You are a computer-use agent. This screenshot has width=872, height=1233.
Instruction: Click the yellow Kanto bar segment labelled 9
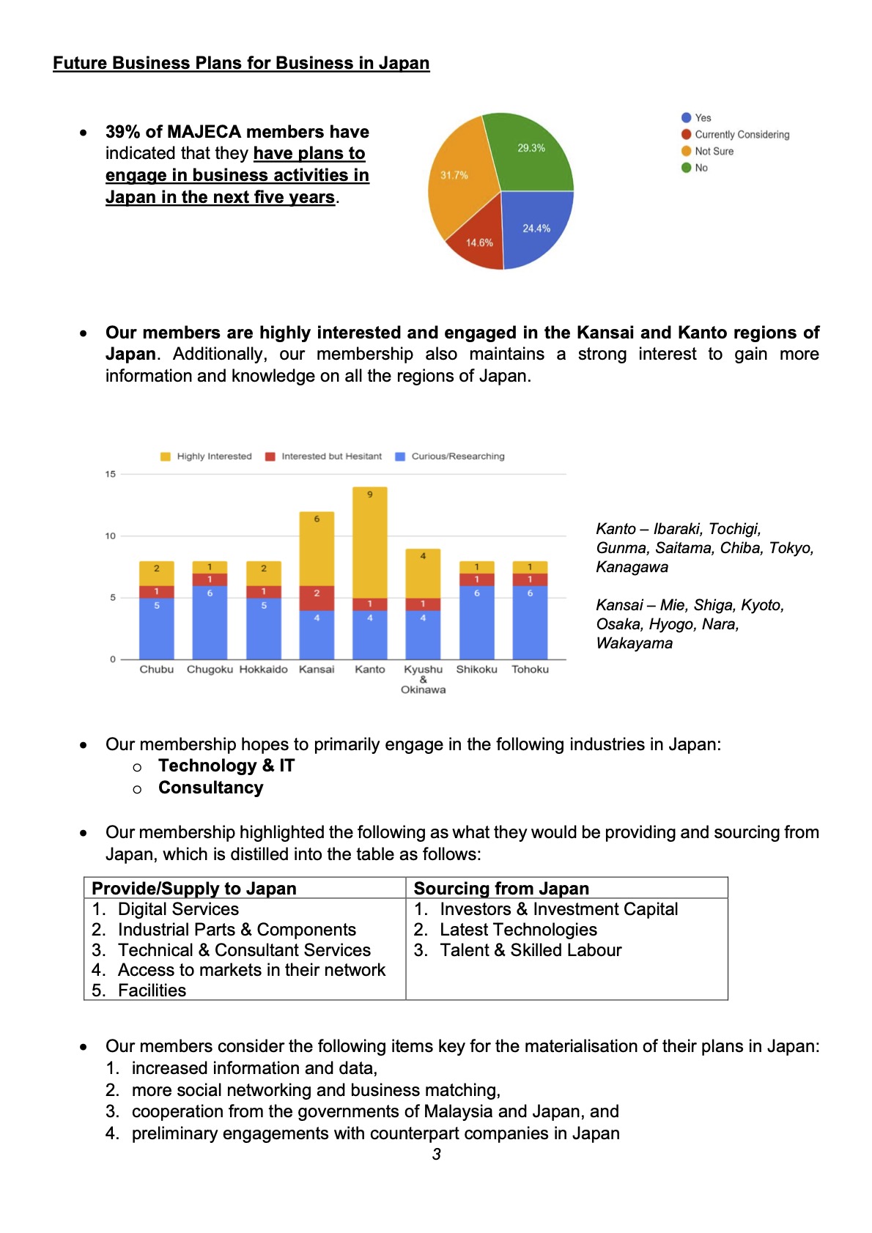[x=370, y=542]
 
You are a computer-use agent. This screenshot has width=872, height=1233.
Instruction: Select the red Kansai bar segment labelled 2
[x=317, y=598]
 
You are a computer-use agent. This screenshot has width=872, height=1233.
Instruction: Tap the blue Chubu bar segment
[x=157, y=629]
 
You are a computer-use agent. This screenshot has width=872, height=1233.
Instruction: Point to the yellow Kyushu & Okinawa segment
[x=423, y=573]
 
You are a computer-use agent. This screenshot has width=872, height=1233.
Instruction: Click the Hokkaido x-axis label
[x=264, y=670]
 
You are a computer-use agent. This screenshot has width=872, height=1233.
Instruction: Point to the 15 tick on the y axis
[x=111, y=474]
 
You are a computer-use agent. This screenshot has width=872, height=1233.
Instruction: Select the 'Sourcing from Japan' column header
[x=501, y=889]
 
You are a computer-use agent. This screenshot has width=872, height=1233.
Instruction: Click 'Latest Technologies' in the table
[x=518, y=930]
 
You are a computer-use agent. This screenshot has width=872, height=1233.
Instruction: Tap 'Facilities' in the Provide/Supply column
[x=152, y=991]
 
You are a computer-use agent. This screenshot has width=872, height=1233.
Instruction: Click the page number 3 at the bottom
[x=437, y=1155]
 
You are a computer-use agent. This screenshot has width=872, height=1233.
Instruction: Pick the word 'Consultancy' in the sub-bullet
[x=210, y=788]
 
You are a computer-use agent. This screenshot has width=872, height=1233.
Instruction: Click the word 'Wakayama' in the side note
[x=635, y=643]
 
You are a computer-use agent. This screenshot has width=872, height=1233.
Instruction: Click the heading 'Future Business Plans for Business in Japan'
[x=241, y=63]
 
